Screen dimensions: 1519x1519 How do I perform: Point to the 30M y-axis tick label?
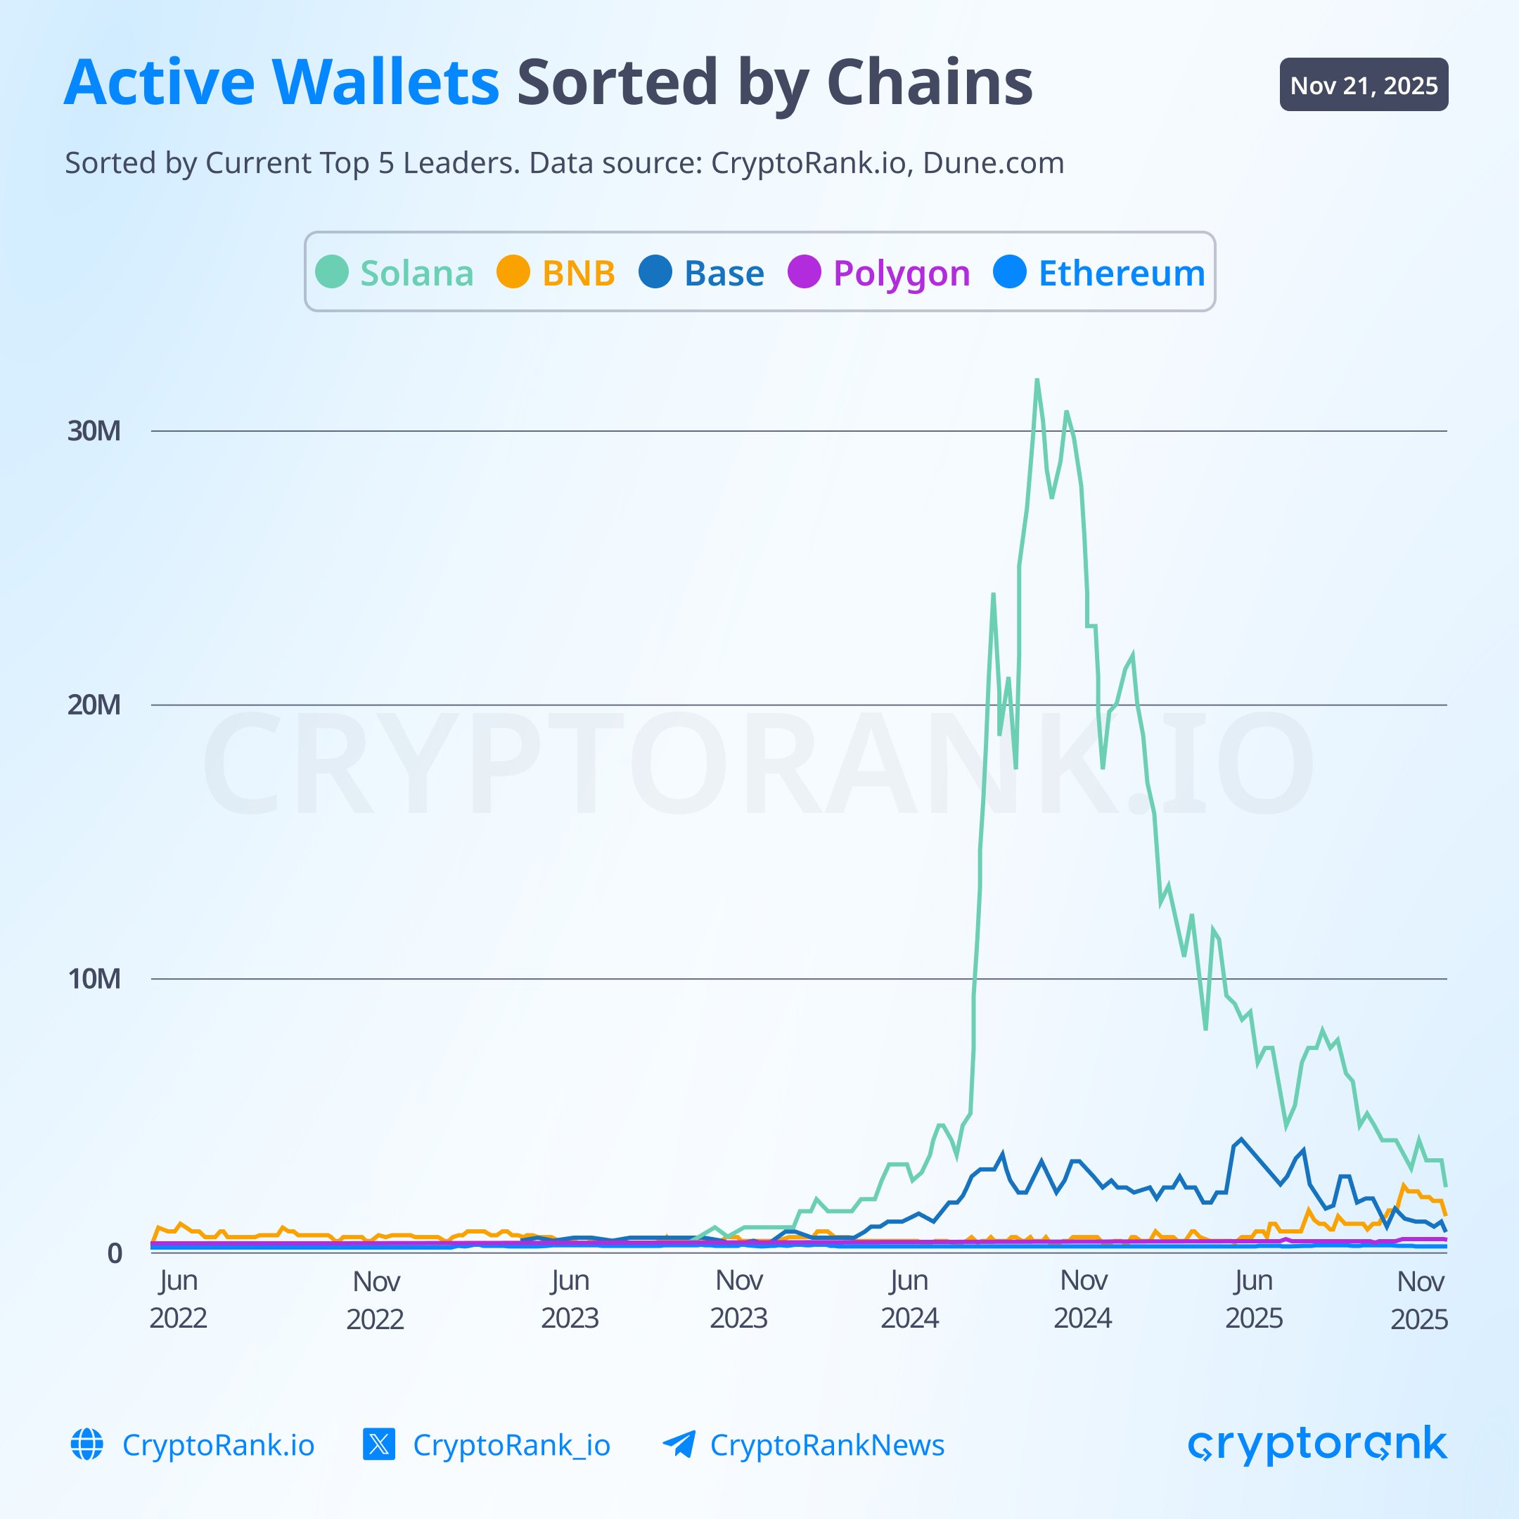(94, 431)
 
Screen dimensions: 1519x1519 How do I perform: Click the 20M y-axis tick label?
(94, 705)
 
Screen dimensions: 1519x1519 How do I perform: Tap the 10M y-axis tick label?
(94, 979)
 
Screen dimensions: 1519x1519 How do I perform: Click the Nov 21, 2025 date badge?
(1364, 85)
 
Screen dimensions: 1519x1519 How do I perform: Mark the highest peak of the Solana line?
(1037, 380)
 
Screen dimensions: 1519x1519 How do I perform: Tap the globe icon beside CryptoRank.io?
(87, 1445)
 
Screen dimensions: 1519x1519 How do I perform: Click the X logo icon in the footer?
(379, 1445)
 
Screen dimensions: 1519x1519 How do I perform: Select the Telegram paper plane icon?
(679, 1445)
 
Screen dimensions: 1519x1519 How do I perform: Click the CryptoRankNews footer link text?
(826, 1445)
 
